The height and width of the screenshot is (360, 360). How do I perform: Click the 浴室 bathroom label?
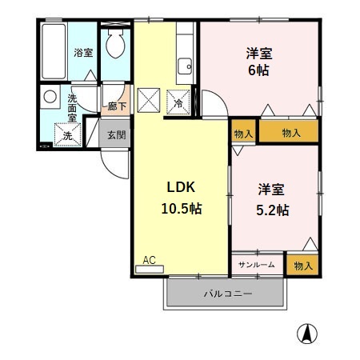[x=83, y=53]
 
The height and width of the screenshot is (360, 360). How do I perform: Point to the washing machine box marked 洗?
[x=67, y=134]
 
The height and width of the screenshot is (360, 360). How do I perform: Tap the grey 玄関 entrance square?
[x=116, y=134]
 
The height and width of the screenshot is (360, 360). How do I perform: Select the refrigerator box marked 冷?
[x=177, y=102]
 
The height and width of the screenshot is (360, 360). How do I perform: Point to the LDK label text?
[x=181, y=187]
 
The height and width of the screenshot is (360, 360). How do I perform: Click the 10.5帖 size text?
[x=181, y=209]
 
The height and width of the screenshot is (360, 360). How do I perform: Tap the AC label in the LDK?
[x=149, y=259]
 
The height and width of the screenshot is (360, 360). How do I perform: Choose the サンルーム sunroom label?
[x=257, y=264]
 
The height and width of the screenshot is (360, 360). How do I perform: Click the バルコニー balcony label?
[x=227, y=294]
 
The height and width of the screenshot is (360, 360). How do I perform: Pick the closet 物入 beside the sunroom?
[x=302, y=264]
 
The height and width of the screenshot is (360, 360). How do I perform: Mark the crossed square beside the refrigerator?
[x=148, y=102]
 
